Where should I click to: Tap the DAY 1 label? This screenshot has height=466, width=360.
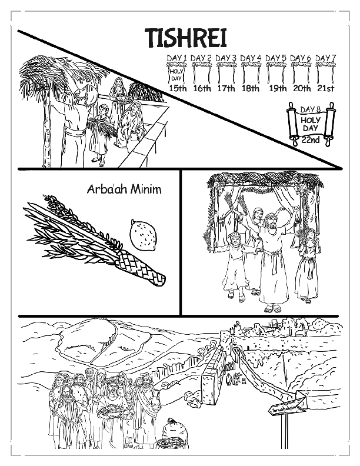tap(176, 57)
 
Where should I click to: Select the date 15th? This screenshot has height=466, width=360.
tap(176, 89)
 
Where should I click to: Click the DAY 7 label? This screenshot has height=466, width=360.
tap(325, 57)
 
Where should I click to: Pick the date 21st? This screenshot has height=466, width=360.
tap(325, 89)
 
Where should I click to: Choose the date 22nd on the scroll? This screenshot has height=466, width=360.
tap(310, 139)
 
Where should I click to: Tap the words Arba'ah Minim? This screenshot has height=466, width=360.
tap(124, 190)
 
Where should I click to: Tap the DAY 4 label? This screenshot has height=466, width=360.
tap(251, 57)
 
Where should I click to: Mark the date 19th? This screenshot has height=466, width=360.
tap(276, 89)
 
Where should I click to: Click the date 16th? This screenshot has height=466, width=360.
tap(202, 89)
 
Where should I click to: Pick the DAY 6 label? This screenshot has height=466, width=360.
tap(301, 57)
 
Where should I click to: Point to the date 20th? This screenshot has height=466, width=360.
tap(302, 89)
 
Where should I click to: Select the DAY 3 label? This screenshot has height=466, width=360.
tap(226, 57)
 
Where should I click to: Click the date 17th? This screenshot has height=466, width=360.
tap(226, 89)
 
